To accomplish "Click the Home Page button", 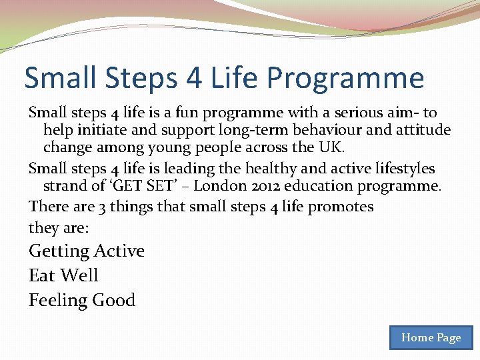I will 431,337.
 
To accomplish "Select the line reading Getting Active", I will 87,251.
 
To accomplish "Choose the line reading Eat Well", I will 63,275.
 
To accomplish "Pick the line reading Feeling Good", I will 82,301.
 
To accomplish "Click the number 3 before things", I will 101,207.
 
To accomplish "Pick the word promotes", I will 341,207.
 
